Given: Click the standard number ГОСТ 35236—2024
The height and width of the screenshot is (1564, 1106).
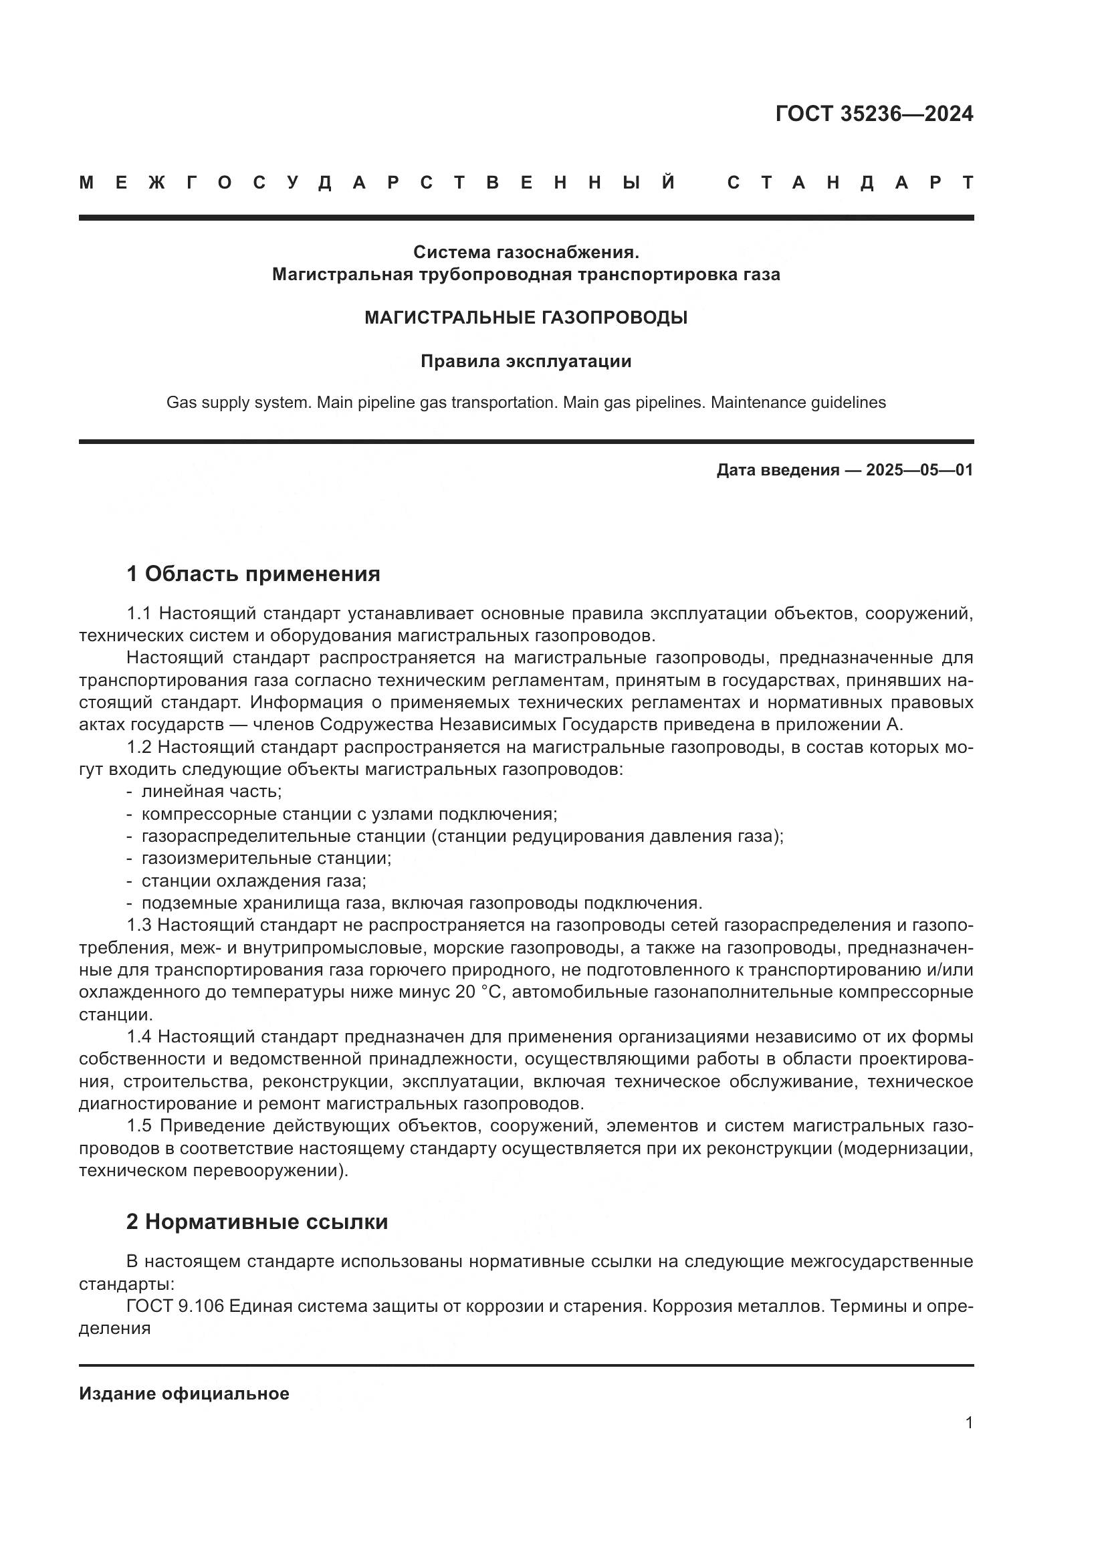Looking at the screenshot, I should point(874,114).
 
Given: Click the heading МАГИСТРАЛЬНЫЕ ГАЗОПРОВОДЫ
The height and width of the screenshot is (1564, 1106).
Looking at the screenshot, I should point(526,318).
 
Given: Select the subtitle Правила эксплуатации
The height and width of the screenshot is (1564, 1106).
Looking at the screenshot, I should point(526,361).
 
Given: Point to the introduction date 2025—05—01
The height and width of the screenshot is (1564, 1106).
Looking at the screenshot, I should point(919,470).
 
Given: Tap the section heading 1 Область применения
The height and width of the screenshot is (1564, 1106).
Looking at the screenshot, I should point(253,574).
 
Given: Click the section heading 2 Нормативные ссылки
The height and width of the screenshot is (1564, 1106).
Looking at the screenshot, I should point(257,1222).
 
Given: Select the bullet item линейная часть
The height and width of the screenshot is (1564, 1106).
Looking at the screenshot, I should point(211,792).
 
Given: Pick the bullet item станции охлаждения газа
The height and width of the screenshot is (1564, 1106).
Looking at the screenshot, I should point(253,881).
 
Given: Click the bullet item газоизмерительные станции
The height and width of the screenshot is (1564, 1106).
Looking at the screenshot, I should point(266,859).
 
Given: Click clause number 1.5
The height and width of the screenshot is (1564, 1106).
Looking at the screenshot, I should point(140,1126).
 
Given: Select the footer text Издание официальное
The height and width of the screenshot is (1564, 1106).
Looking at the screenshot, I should point(184,1393).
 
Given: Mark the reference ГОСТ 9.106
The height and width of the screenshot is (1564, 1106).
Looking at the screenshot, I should point(175,1307).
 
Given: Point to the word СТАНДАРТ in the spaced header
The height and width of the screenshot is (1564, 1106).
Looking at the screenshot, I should point(850,183).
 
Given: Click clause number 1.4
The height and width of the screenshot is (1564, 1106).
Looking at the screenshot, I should point(139,1037).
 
